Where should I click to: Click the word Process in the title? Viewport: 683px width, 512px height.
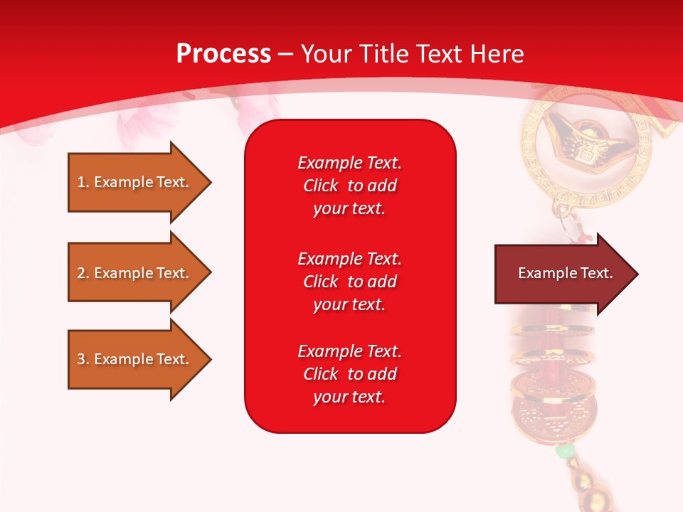223,54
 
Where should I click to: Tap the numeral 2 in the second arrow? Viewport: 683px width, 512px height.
81,273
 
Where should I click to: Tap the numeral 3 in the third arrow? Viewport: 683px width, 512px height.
81,359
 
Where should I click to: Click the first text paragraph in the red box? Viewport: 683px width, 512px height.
349,186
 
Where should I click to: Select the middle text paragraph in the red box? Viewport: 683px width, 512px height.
349,282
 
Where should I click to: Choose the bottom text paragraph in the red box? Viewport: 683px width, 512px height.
349,374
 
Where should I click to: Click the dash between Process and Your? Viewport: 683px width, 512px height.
285,54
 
